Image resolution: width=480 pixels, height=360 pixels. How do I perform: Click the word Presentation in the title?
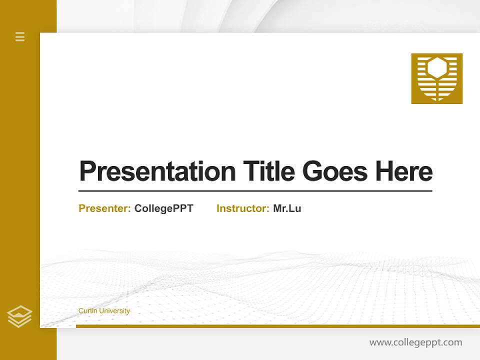pyautogui.click(x=157, y=171)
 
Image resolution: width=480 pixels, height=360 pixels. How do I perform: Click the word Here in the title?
pyautogui.click(x=403, y=171)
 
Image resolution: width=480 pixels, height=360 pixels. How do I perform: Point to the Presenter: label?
pyautogui.click(x=104, y=208)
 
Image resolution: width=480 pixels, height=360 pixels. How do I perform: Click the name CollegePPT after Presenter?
pyautogui.click(x=163, y=208)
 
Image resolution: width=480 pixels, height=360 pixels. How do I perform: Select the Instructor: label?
pyautogui.click(x=242, y=208)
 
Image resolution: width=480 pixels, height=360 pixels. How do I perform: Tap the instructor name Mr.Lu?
pyautogui.click(x=287, y=208)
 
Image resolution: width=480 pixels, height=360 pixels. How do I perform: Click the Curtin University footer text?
pyautogui.click(x=104, y=311)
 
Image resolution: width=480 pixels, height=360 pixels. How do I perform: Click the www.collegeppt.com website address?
pyautogui.click(x=415, y=342)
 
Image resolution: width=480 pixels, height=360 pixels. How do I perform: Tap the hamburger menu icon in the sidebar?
pyautogui.click(x=20, y=36)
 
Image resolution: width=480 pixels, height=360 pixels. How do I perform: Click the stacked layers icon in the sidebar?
pyautogui.click(x=19, y=316)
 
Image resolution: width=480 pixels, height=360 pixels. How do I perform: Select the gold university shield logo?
pyautogui.click(x=436, y=78)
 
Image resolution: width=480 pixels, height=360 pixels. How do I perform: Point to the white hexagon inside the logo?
pyautogui.click(x=436, y=67)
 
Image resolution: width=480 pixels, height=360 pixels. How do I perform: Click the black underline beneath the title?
pyautogui.click(x=255, y=190)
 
